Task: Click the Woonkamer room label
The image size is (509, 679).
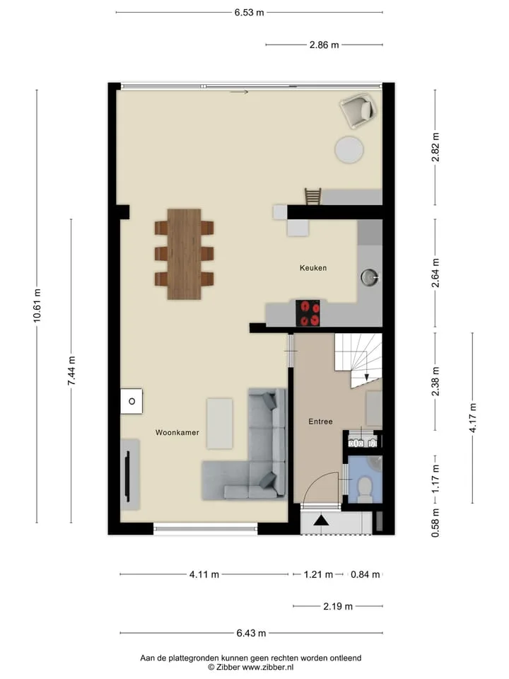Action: click(x=177, y=432)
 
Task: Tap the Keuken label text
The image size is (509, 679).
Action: click(x=313, y=267)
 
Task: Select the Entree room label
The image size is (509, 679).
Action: click(x=320, y=422)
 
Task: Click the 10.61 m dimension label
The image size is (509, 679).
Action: click(x=37, y=306)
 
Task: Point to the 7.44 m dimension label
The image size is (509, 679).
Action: click(x=71, y=371)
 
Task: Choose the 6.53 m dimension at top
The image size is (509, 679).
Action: click(x=250, y=13)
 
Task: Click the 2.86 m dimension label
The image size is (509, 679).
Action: click(x=324, y=45)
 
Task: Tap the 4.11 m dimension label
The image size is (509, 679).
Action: click(x=204, y=574)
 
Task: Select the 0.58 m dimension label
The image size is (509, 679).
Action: click(x=435, y=523)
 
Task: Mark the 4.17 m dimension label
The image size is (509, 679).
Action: click(x=473, y=418)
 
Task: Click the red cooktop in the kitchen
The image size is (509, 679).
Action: click(x=308, y=313)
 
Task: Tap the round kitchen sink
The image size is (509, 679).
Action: click(x=369, y=277)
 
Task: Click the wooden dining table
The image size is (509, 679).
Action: click(x=184, y=254)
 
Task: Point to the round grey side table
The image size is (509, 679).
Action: click(x=349, y=150)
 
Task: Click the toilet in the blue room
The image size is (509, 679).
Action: click(x=365, y=489)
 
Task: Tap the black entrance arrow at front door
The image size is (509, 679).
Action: click(x=321, y=521)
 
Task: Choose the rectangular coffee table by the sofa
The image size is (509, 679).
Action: click(x=219, y=424)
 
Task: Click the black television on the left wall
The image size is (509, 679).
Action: click(x=128, y=475)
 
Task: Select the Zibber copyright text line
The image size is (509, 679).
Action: click(x=250, y=667)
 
